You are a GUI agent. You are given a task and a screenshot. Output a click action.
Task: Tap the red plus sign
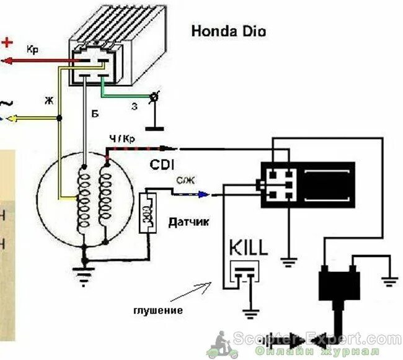point(7,42)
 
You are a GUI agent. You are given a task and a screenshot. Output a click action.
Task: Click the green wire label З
point(134,106)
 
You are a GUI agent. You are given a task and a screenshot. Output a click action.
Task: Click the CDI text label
point(163,164)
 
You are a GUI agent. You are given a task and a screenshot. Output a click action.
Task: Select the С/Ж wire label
point(184,182)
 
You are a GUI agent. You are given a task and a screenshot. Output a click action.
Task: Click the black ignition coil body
point(339,286)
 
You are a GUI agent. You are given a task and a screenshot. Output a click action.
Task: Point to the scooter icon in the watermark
point(222,343)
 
